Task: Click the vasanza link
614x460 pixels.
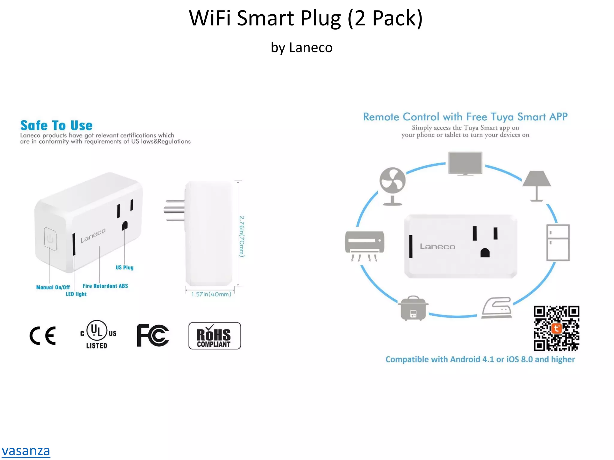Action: pyautogui.click(x=26, y=451)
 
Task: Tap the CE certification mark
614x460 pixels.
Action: pyautogui.click(x=43, y=335)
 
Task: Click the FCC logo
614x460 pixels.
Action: pyautogui.click(x=153, y=335)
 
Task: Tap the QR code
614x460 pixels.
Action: pyautogui.click(x=556, y=328)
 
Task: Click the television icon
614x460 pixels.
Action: pyautogui.click(x=465, y=163)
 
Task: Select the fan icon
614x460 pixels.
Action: pyautogui.click(x=392, y=186)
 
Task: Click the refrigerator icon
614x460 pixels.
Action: pyautogui.click(x=558, y=243)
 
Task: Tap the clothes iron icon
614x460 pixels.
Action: pyautogui.click(x=497, y=308)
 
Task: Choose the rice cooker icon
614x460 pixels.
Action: pyautogui.click(x=413, y=308)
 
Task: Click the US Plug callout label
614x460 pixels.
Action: pyautogui.click(x=124, y=267)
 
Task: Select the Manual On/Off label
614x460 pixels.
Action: pyautogui.click(x=53, y=287)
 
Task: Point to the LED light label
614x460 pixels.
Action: pyautogui.click(x=76, y=294)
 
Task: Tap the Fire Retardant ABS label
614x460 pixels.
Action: pyautogui.click(x=105, y=286)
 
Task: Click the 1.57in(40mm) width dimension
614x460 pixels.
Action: pyautogui.click(x=211, y=294)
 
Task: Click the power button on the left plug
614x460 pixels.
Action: pyautogui.click(x=50, y=239)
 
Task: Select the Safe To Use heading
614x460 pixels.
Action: pyautogui.click(x=56, y=125)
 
